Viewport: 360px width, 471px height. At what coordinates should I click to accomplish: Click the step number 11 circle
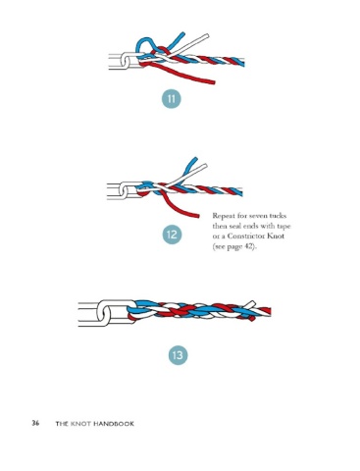click(x=172, y=98)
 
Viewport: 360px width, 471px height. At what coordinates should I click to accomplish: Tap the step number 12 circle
click(x=172, y=235)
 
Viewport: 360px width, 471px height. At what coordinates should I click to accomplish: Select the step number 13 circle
click(x=178, y=355)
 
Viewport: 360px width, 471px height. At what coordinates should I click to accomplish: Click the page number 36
click(x=35, y=423)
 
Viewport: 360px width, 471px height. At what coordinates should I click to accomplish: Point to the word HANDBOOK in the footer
click(x=114, y=424)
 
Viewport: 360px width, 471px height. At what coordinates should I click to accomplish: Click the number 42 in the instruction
click(x=248, y=246)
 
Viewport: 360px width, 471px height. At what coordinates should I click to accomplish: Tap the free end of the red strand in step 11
click(x=214, y=82)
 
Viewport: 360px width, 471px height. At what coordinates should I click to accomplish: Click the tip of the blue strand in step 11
click(x=182, y=33)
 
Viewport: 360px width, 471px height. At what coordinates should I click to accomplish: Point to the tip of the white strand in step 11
click(x=207, y=35)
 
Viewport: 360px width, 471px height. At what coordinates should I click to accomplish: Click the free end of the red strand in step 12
click(x=198, y=215)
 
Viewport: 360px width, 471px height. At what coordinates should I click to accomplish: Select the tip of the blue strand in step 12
click(x=195, y=159)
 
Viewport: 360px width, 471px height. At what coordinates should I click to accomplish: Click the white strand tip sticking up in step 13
click(x=252, y=302)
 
